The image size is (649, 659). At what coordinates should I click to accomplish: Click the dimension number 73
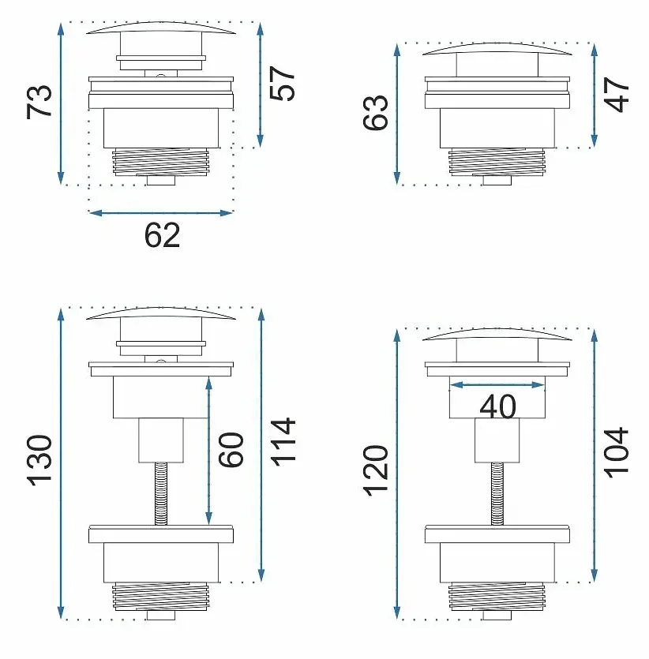[x=39, y=102]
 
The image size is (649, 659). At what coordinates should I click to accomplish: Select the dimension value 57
[x=282, y=83]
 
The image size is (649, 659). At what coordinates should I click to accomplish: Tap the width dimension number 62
[x=163, y=235]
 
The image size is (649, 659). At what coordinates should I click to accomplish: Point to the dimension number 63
[x=375, y=113]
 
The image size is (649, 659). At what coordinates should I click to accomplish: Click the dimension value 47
[x=616, y=94]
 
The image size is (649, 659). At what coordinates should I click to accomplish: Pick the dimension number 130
[x=39, y=461]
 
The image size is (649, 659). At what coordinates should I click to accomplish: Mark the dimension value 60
[x=231, y=450]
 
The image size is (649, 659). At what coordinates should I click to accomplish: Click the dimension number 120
[x=375, y=470]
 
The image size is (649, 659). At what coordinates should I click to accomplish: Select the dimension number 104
[x=616, y=453]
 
